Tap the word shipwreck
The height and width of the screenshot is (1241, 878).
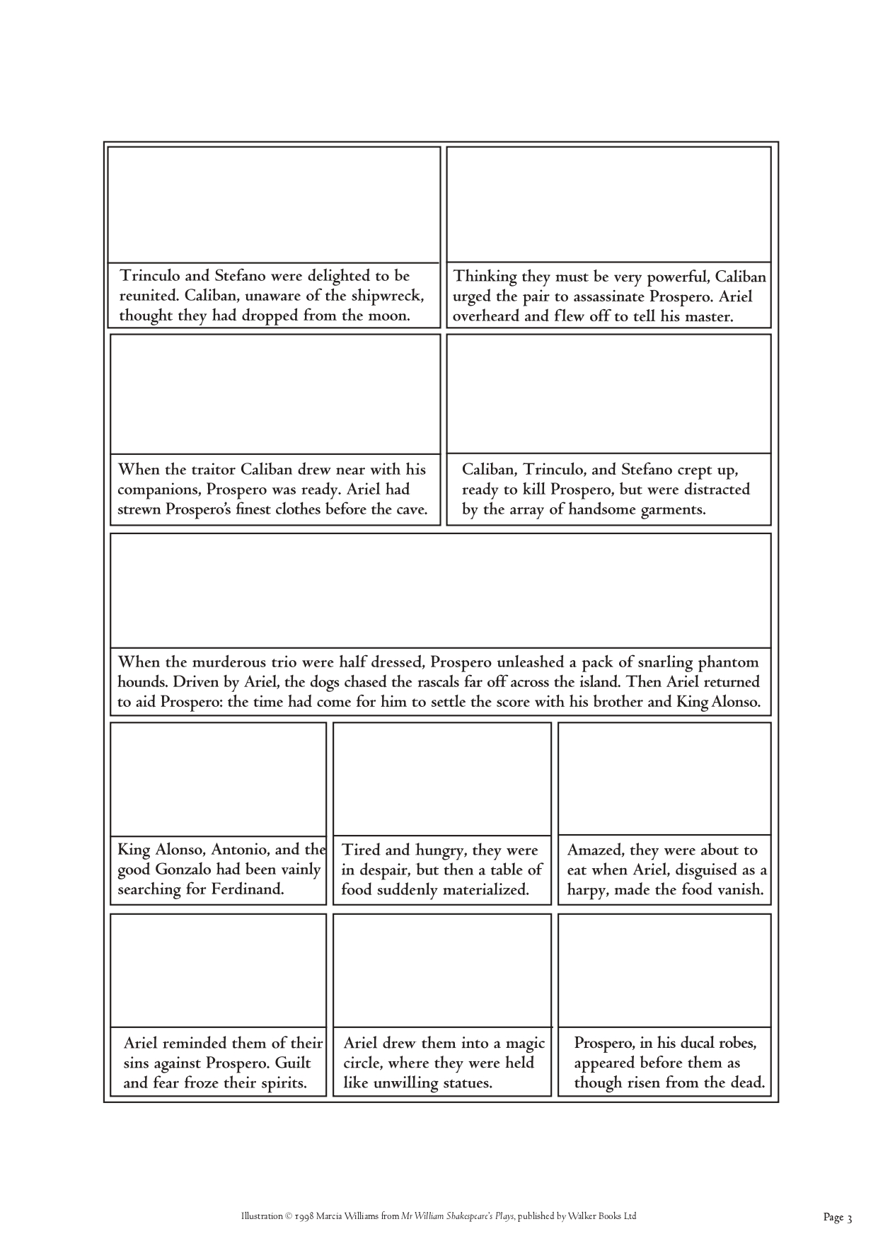(387, 296)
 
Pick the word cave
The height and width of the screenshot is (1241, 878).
(410, 509)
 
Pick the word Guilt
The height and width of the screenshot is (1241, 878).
(292, 1063)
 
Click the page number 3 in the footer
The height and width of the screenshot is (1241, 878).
(849, 1218)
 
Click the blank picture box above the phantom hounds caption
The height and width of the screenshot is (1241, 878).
(440, 590)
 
